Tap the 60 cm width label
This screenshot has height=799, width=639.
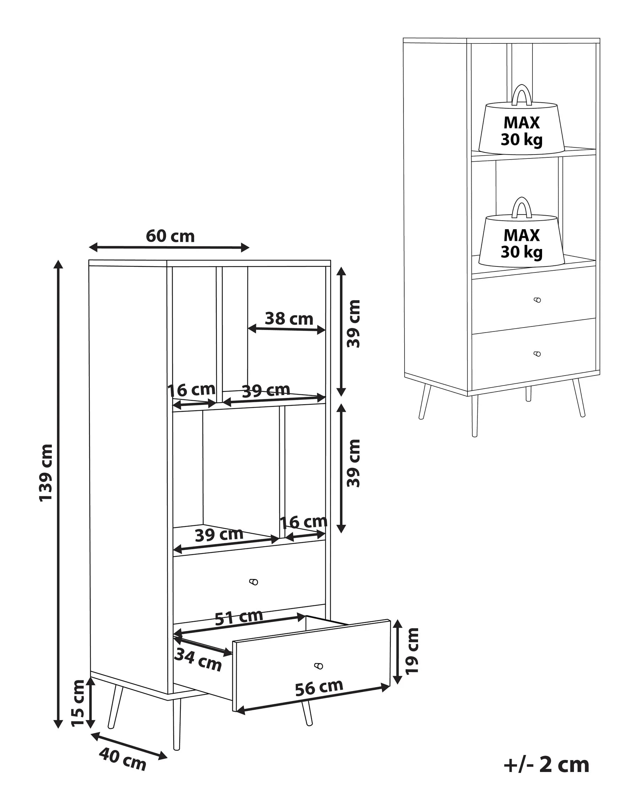[170, 236]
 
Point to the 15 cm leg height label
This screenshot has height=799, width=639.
[78, 703]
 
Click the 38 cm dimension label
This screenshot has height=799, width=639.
[289, 319]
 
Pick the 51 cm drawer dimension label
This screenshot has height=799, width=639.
[239, 617]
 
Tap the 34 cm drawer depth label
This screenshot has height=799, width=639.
[198, 659]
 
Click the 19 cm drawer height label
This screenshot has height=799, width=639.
[412, 651]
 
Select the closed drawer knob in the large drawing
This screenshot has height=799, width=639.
[254, 582]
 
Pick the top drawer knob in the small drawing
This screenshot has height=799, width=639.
[537, 300]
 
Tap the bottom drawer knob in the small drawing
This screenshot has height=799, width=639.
[537, 354]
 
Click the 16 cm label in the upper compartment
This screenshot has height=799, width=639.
[191, 390]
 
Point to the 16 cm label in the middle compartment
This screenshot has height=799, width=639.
[304, 522]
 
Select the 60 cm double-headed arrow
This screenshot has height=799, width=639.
[169, 247]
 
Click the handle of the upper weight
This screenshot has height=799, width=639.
[521, 95]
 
